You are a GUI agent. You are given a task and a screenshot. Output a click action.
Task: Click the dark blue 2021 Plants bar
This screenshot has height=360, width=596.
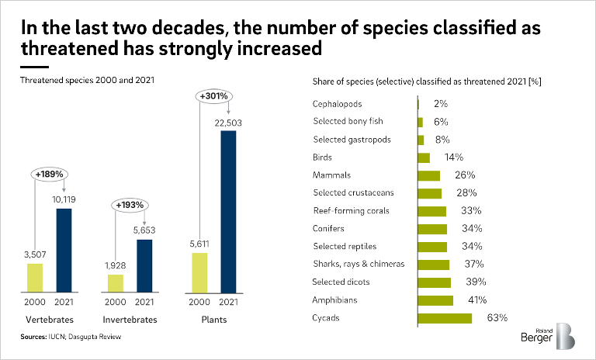point(228,211)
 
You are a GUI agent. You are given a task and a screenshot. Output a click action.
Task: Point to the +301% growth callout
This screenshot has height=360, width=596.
point(215,96)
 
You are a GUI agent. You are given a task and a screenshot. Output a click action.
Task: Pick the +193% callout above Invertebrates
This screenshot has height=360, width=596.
point(130,206)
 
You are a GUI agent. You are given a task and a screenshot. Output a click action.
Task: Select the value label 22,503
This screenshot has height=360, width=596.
point(228,122)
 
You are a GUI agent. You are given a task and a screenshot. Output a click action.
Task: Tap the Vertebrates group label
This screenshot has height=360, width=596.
point(50,320)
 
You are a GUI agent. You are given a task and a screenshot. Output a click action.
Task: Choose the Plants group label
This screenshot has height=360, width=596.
point(215,320)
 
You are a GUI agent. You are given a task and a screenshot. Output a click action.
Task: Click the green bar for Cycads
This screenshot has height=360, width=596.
point(445,318)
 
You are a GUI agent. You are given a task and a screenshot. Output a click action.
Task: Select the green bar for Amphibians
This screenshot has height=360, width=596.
point(435,300)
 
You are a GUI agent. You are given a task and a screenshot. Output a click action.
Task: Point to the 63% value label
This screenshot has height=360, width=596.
point(497,318)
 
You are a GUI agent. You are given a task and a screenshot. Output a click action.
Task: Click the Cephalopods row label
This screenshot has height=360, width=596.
point(337,104)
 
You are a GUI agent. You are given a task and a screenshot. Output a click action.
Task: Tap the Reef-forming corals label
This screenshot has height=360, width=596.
point(351,211)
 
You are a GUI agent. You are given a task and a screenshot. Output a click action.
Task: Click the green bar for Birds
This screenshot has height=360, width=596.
point(424,157)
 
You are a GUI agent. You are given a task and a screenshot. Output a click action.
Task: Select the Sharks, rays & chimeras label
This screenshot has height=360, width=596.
point(359,265)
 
